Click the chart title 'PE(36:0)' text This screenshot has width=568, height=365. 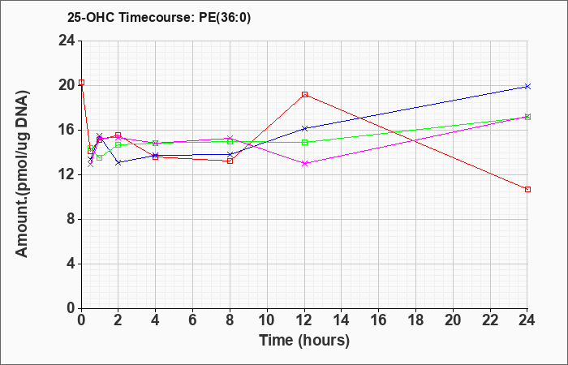[x=225, y=18]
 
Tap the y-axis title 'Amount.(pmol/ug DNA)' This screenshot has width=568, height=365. [x=22, y=174]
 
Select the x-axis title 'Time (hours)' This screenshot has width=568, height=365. [x=304, y=341]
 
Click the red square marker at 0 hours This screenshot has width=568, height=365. [x=81, y=83]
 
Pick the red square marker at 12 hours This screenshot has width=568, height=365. [x=304, y=95]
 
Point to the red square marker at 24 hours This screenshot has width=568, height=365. [x=527, y=189]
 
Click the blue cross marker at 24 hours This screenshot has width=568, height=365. [x=527, y=86]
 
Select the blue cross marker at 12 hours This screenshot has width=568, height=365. [x=304, y=128]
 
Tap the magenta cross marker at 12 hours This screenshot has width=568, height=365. [x=304, y=163]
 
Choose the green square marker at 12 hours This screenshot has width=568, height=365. [x=304, y=142]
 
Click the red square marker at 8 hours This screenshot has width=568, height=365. [x=230, y=161]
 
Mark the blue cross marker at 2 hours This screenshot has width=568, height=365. [x=118, y=162]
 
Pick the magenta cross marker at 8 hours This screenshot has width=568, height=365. [x=230, y=138]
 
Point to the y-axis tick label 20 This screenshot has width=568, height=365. [x=67, y=85]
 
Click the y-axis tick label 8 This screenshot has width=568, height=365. [x=71, y=219]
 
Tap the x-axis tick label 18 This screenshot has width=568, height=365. [x=415, y=320]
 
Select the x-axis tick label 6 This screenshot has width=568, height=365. [x=193, y=320]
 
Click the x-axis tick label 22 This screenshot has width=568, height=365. [x=490, y=320]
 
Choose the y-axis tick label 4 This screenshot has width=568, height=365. [x=71, y=264]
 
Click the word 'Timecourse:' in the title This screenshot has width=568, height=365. [x=157, y=18]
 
